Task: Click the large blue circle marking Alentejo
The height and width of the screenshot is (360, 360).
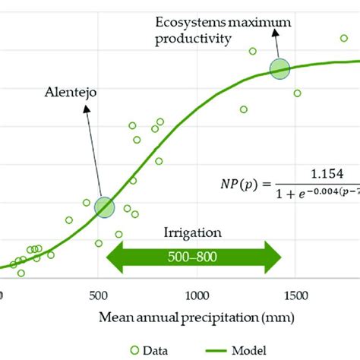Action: (104, 207)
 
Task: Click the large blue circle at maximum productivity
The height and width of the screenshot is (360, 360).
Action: (280, 68)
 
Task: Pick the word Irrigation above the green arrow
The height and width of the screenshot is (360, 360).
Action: (194, 233)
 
